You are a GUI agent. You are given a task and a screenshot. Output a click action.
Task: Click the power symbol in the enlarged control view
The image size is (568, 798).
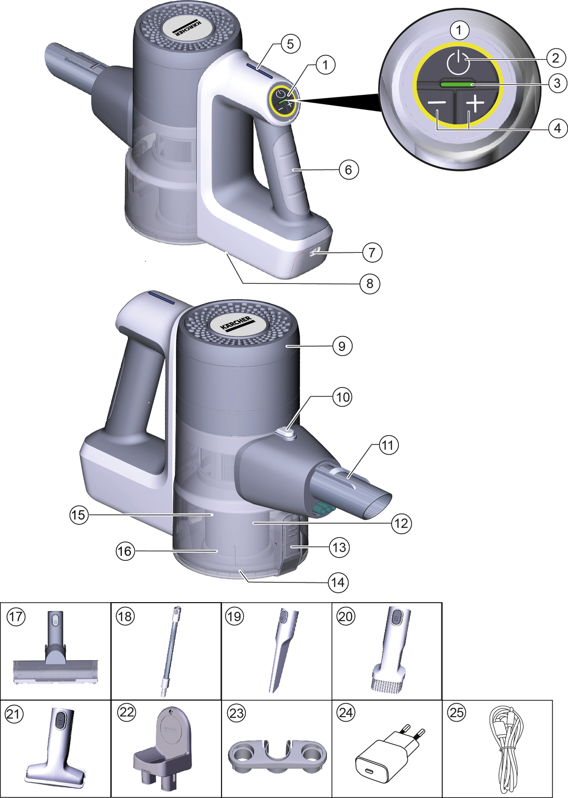pos(456,62)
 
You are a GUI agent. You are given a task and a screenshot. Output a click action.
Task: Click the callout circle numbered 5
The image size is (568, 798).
pos(290,44)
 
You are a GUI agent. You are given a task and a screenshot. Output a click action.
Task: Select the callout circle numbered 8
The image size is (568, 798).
pos(370,283)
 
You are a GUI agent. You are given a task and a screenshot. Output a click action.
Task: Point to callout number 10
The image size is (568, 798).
pos(342,396)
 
